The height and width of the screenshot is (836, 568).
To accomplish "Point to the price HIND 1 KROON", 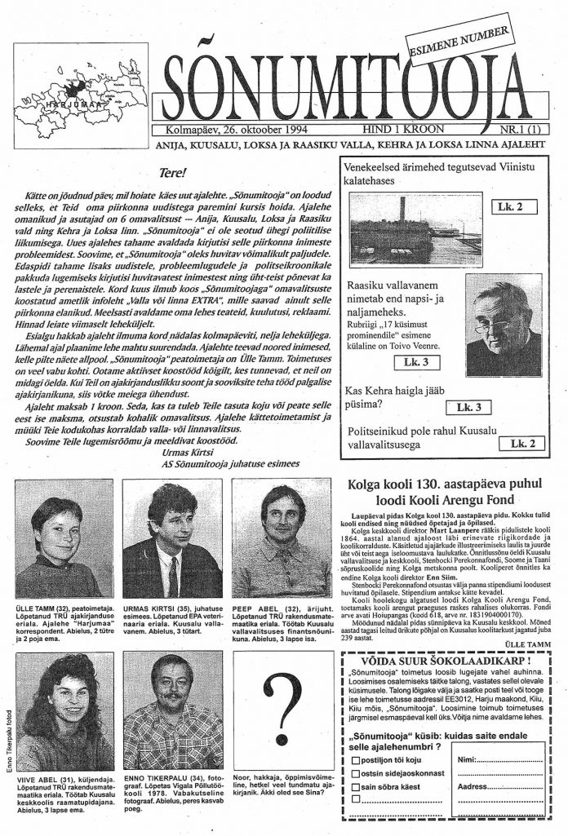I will coord(405,130).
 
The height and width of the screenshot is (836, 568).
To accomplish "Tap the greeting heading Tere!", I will coord(174,173).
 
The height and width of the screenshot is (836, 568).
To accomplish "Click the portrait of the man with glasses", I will coord(503,324).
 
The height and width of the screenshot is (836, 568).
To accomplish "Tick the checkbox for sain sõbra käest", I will coord(355,787).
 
